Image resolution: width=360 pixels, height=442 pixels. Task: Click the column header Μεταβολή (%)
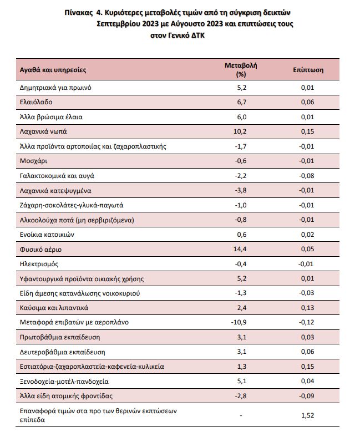pyautogui.click(x=241, y=70)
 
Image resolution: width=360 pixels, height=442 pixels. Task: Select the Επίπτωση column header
pyautogui.click(x=308, y=70)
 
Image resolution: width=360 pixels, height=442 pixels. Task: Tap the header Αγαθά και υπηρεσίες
pyautogui.click(x=53, y=70)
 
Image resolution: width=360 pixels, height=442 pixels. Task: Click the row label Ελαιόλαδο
pyautogui.click(x=36, y=102)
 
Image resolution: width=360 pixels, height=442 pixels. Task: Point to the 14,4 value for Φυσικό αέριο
pyautogui.click(x=240, y=249)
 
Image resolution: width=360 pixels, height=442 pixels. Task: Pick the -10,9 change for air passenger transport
pyautogui.click(x=239, y=322)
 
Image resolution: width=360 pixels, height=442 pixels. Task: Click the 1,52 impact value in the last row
pyautogui.click(x=307, y=415)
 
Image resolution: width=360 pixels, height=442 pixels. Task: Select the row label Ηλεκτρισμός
pyautogui.click(x=39, y=264)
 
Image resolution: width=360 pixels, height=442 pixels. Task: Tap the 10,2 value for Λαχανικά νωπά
pyautogui.click(x=240, y=131)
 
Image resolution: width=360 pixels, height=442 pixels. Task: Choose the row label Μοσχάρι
pyautogui.click(x=33, y=161)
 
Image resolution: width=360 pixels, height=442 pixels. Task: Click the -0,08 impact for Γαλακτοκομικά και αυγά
pyautogui.click(x=306, y=176)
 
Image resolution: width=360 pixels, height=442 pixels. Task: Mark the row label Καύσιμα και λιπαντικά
pyautogui.click(x=54, y=308)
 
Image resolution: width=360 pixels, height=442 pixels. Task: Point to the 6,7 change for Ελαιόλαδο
pyautogui.click(x=242, y=102)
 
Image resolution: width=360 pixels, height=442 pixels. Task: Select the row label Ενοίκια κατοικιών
pyautogui.click(x=47, y=235)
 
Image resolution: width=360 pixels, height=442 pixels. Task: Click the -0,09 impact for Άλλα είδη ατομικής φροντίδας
pyautogui.click(x=306, y=396)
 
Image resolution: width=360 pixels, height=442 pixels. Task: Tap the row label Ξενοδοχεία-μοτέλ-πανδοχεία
pyautogui.click(x=64, y=382)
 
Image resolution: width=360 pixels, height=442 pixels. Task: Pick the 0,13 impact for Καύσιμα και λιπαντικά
pyautogui.click(x=307, y=308)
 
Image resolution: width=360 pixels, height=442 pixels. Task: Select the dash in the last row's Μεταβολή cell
pyautogui.click(x=241, y=415)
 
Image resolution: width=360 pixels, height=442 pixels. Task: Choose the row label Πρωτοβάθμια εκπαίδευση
pyautogui.click(x=60, y=337)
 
